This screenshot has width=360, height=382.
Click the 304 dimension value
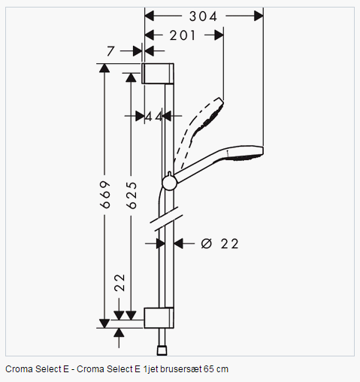[203, 17]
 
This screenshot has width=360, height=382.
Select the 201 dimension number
[183, 35]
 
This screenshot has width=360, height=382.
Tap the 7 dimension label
[110, 51]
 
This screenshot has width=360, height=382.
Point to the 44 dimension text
[153, 117]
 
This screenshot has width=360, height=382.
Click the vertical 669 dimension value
[105, 195]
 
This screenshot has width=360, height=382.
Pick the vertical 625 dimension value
[132, 196]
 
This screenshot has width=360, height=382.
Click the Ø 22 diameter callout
[219, 244]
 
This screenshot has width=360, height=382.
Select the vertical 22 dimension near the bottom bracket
[119, 283]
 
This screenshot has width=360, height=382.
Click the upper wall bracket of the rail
[158, 74]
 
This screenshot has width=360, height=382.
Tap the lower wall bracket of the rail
[159, 317]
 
